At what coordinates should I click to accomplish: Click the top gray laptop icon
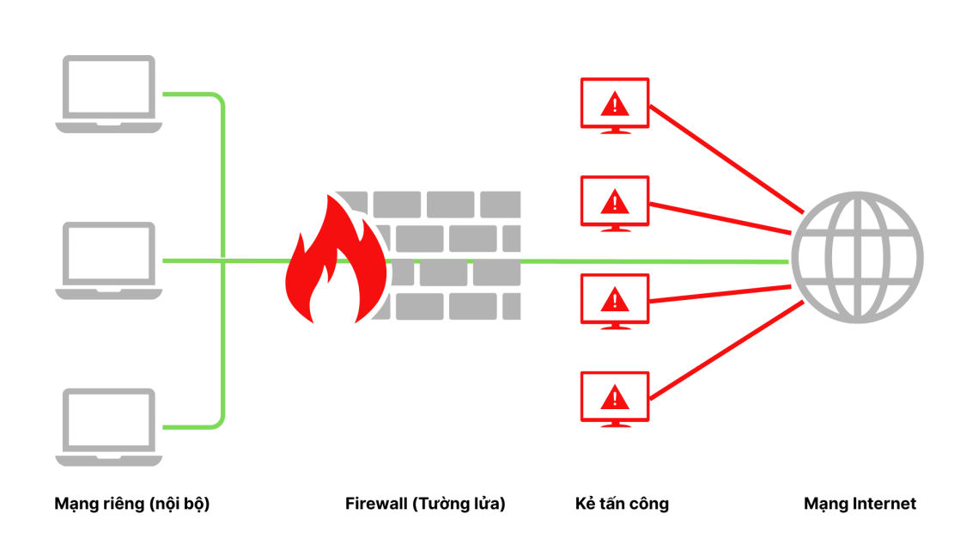[108, 93]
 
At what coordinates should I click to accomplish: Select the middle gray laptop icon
[108, 260]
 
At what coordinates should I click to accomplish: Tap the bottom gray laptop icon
[108, 426]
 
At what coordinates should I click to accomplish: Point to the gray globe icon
[857, 258]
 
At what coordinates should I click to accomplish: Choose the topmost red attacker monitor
[615, 104]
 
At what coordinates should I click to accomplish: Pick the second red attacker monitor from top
[615, 202]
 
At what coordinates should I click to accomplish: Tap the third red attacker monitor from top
[615, 300]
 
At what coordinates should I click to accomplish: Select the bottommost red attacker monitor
[615, 397]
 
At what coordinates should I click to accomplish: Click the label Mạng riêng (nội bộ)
[131, 504]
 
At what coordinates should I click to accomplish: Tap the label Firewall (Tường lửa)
[425, 504]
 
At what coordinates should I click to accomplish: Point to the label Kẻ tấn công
[622, 504]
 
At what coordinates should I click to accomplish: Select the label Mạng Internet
[860, 504]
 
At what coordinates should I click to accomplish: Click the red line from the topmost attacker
[726, 159]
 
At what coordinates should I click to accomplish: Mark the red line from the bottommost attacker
[726, 353]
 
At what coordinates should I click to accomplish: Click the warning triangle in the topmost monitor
[615, 105]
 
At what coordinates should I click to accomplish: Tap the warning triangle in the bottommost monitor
[615, 397]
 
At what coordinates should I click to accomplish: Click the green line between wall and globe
[653, 260]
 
